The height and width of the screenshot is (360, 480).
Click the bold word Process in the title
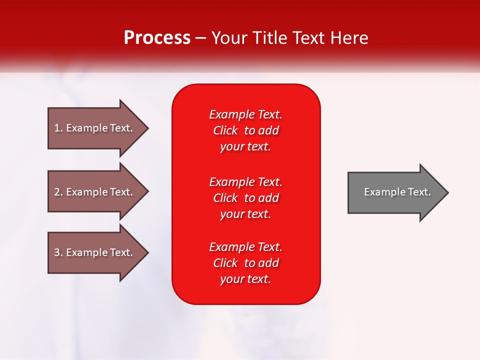(x=157, y=38)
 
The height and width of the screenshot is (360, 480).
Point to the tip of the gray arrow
(x=446, y=192)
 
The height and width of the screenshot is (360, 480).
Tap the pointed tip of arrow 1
(x=146, y=128)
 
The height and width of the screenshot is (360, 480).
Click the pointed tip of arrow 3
(x=146, y=252)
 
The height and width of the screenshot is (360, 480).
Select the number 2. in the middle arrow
(x=58, y=192)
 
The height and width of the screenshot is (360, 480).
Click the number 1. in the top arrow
(x=58, y=128)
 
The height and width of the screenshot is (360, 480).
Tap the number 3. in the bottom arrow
(x=58, y=252)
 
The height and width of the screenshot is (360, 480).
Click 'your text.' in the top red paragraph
(x=245, y=146)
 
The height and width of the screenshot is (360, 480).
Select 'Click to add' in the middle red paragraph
(x=245, y=198)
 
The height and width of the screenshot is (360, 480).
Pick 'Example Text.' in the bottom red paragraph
(x=245, y=247)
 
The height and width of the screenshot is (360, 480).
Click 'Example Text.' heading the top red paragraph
(x=245, y=114)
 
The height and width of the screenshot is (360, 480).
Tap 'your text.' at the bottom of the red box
(x=245, y=279)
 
